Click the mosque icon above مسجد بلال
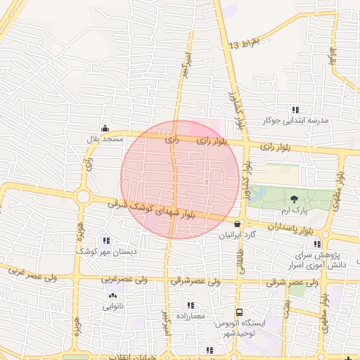coord(105,128)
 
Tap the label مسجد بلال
coord(105,139)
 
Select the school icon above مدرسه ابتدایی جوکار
coord(295,110)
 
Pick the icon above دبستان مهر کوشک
coord(106,240)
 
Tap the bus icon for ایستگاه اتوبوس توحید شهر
coord(240,312)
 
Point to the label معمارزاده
coord(187,316)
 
